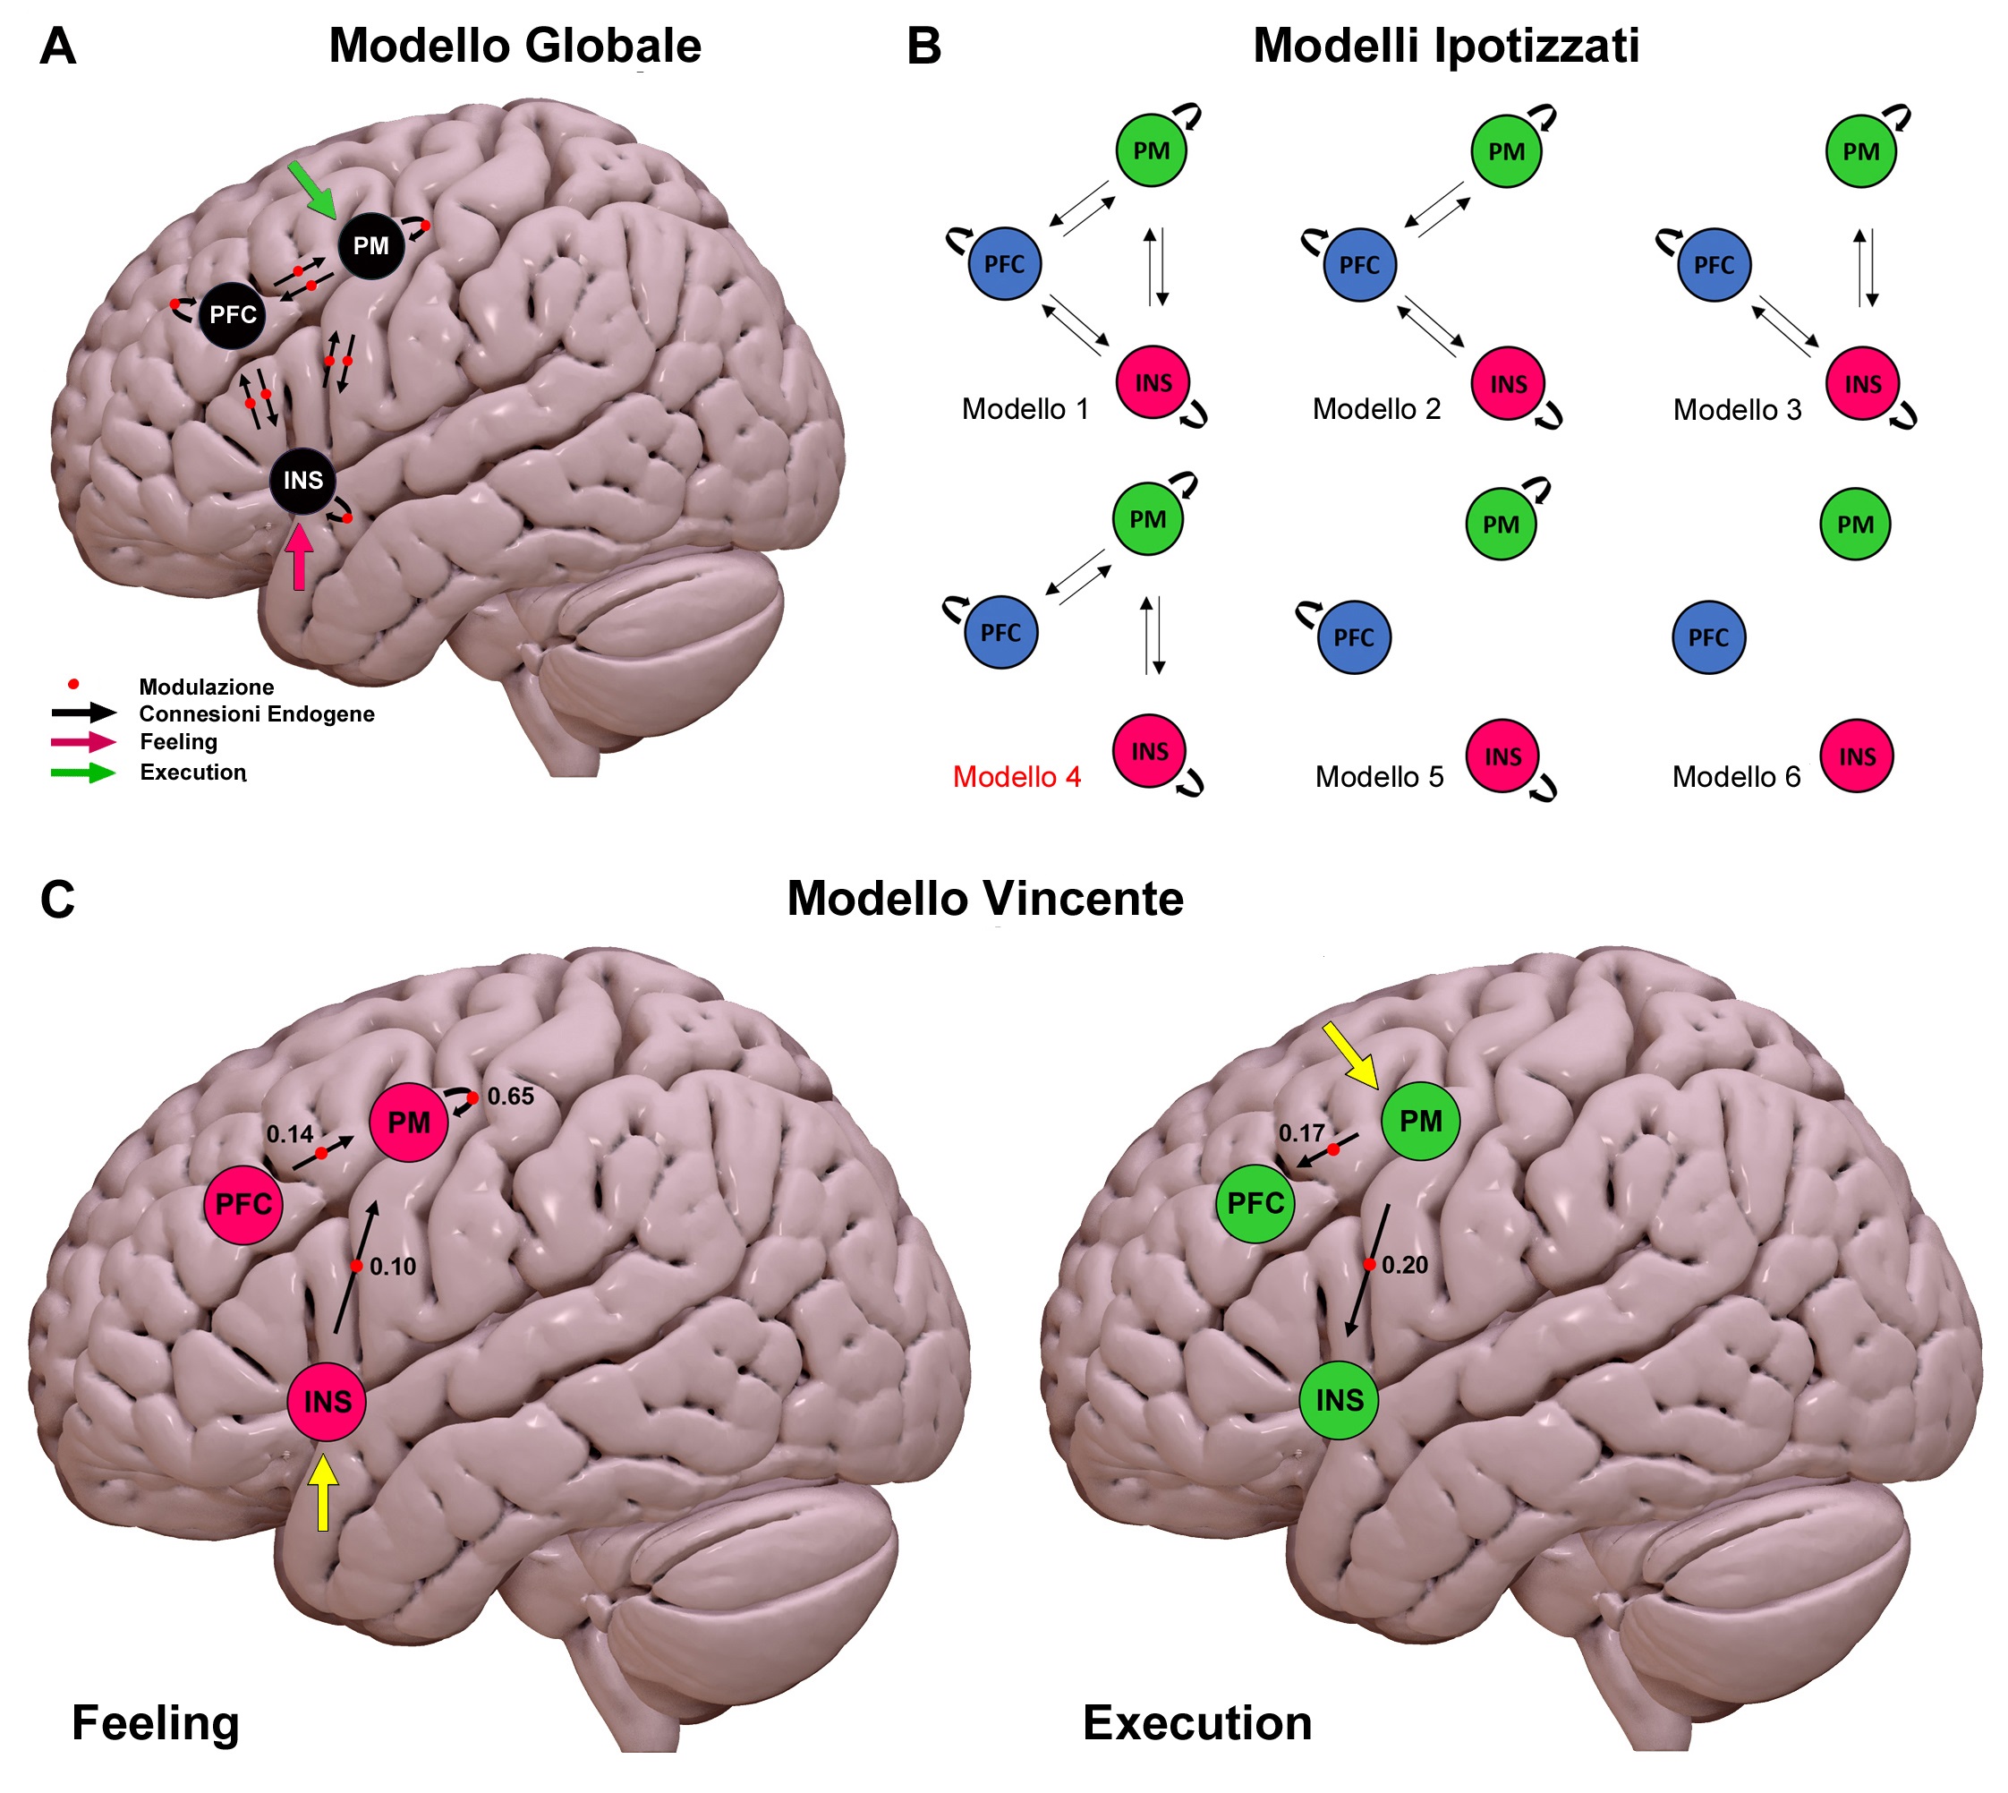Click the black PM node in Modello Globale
coord(370,245)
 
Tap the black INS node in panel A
coord(302,481)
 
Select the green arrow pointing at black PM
coord(312,190)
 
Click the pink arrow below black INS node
coord(300,558)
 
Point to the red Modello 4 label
coord(1017,777)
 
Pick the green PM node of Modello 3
coord(1860,151)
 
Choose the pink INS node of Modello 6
coord(1857,756)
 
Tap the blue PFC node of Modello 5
coord(1353,637)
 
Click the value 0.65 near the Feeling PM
coord(510,1097)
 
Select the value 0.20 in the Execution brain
coord(1404,1266)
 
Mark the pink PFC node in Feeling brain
coord(242,1204)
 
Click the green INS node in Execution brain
coord(1339,1400)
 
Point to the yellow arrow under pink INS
coord(322,1492)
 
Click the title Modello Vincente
coord(985,899)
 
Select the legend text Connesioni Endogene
coord(256,714)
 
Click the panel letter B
coord(923,47)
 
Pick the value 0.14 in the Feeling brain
coord(290,1135)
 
